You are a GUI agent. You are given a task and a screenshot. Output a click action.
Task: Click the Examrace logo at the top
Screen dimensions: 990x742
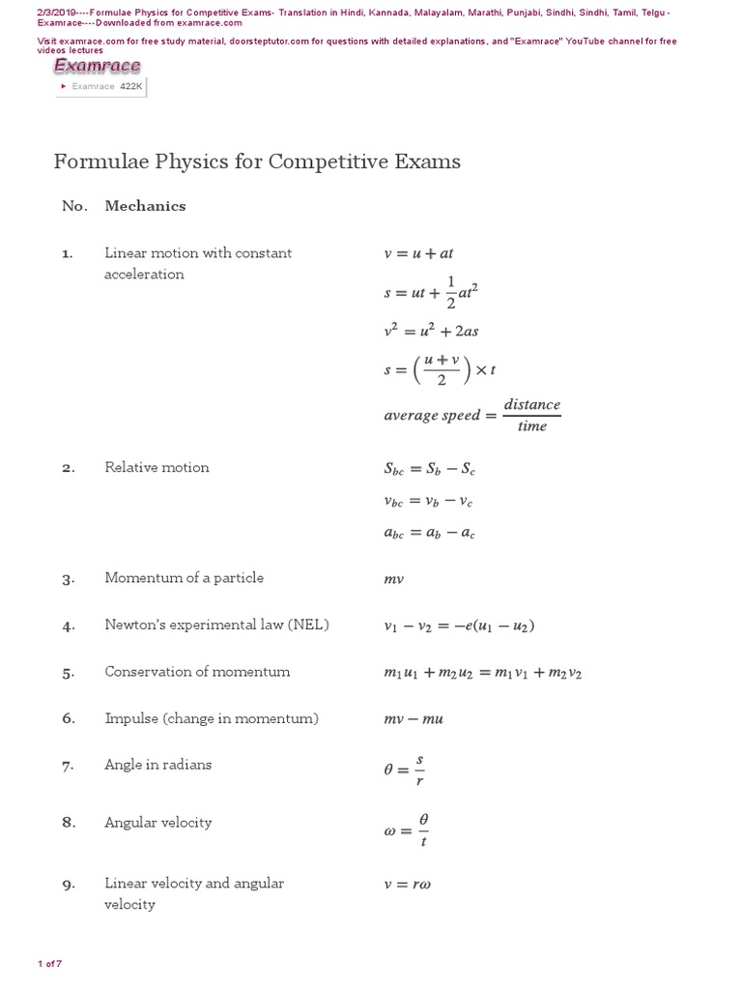(x=97, y=66)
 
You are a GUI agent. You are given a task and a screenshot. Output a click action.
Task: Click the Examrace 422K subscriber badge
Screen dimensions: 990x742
(x=103, y=86)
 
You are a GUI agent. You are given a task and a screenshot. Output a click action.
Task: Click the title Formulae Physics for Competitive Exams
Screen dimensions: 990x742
(x=257, y=160)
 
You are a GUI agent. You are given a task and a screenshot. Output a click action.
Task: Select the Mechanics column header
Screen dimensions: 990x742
(x=145, y=206)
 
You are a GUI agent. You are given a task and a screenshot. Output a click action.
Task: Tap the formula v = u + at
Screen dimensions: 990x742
(x=418, y=253)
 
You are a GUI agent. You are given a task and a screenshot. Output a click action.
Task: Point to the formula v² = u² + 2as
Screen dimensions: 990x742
(x=431, y=330)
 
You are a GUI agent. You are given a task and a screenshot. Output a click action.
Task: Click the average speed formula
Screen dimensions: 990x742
(x=471, y=415)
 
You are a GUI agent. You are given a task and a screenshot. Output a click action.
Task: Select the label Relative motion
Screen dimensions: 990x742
(x=157, y=467)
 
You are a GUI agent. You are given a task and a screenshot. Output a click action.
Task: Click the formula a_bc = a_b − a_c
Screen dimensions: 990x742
(x=429, y=533)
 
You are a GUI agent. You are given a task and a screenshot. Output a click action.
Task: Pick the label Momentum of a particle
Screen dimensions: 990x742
(x=184, y=577)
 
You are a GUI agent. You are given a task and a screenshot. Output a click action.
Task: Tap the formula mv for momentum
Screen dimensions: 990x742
(x=393, y=579)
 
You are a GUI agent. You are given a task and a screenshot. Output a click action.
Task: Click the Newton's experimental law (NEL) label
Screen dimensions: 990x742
(x=216, y=625)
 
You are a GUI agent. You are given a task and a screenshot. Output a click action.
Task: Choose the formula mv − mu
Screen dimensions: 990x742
(x=414, y=719)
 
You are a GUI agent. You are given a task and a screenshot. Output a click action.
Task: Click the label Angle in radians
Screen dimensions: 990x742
(x=157, y=764)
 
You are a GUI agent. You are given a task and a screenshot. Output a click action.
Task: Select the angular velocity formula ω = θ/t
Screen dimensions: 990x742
(x=406, y=830)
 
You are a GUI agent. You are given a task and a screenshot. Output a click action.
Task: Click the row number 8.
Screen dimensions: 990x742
(x=68, y=823)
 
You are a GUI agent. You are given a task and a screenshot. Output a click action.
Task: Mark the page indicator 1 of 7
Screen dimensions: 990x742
(x=49, y=964)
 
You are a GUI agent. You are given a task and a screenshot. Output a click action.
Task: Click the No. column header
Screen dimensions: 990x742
(x=74, y=206)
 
